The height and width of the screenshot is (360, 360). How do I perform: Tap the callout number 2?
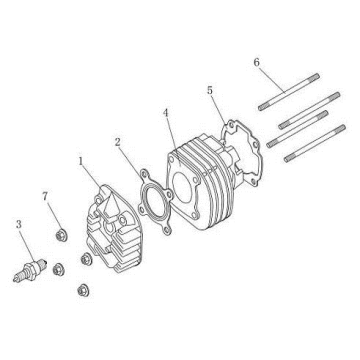tap(119, 142)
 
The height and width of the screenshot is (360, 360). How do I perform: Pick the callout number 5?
tap(211, 90)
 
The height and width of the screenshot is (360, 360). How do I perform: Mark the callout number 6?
tap(257, 62)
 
